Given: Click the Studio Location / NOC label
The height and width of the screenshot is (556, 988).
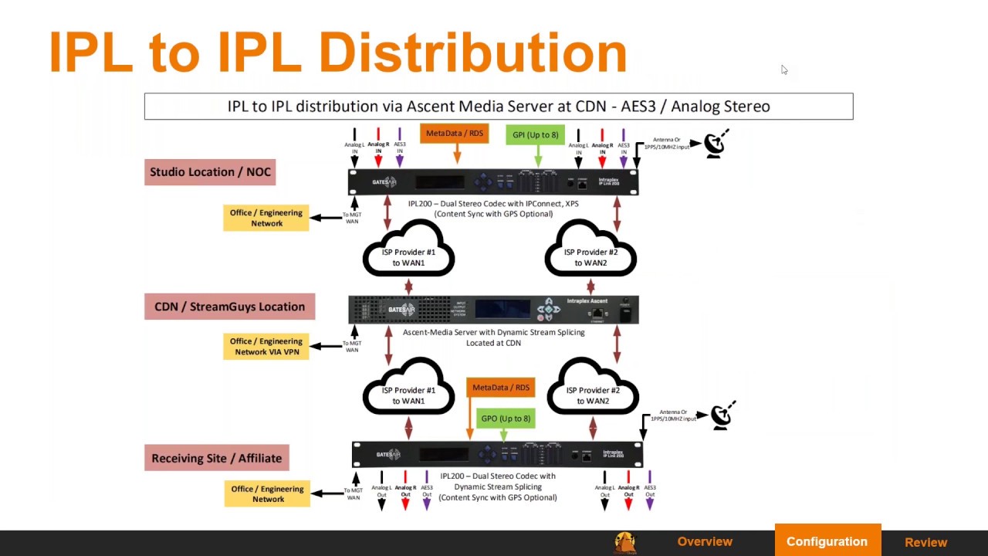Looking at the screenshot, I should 210,172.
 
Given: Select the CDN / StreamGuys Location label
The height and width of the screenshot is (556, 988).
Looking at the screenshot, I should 229,307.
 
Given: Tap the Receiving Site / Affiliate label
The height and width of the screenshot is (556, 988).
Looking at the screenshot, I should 216,458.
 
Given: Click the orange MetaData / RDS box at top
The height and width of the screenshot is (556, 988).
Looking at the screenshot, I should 455,134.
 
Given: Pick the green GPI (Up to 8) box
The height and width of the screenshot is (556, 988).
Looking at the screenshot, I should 535,135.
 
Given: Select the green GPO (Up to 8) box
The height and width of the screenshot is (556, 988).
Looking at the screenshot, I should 506,419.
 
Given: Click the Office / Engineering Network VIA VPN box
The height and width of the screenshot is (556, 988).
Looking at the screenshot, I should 266,347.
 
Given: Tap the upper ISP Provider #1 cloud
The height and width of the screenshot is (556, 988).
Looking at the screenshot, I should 408,249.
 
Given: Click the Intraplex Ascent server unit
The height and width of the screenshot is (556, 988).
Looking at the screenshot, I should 493,310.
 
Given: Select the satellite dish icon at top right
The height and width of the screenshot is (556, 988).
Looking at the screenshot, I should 716,144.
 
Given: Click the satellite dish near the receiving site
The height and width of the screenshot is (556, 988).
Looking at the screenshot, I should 722,415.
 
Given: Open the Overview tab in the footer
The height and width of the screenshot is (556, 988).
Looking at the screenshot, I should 705,542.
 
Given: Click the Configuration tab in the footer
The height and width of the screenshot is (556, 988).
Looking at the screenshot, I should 827,542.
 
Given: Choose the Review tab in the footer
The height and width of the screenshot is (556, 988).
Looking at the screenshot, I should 925,542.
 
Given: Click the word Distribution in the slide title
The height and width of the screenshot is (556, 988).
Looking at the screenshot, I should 472,53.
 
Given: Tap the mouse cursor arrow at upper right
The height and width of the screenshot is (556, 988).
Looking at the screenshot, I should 784,70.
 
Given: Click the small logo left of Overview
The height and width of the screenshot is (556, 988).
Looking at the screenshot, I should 624,542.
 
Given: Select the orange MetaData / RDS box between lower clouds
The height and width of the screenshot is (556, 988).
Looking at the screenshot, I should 501,388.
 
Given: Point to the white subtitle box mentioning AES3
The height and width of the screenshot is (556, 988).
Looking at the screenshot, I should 499,107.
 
